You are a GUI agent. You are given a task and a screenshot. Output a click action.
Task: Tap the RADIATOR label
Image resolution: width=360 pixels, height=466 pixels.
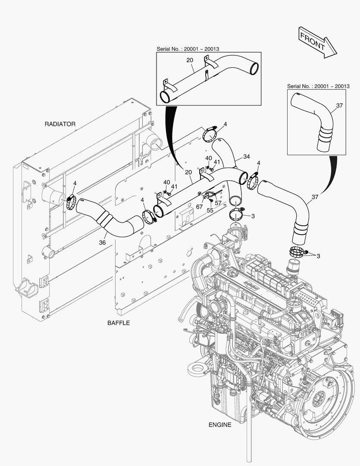click(x=60, y=124)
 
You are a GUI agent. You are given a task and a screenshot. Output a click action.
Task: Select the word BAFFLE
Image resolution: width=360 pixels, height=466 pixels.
click(x=118, y=322)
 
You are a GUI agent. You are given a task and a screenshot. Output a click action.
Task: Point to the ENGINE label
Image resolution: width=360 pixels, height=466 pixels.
click(x=220, y=425)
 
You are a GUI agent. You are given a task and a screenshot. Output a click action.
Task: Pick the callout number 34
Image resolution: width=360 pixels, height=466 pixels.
click(x=246, y=156)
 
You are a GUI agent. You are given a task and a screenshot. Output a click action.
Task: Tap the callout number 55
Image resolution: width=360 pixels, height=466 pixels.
click(x=210, y=210)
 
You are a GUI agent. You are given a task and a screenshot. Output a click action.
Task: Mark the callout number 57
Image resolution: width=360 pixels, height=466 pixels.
click(x=218, y=203)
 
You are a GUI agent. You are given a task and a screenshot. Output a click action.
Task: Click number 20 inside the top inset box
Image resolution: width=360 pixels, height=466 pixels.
click(x=189, y=60)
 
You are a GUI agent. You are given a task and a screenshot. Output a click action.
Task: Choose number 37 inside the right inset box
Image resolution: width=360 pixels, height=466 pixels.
click(x=339, y=105)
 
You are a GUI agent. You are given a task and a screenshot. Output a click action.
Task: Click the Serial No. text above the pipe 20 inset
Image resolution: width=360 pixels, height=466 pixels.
click(x=188, y=49)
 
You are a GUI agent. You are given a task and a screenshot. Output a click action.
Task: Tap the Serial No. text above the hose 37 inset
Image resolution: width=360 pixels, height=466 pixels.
click(x=318, y=86)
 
